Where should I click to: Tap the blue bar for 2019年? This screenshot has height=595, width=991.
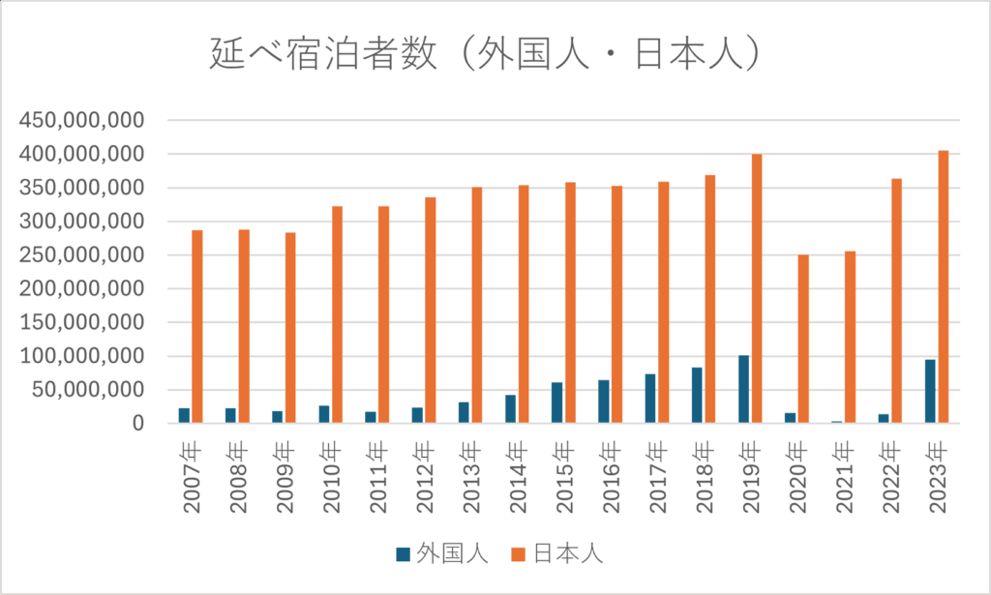click(x=743, y=389)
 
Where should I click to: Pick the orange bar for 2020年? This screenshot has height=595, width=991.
click(x=803, y=339)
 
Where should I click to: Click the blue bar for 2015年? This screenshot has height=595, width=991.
click(x=556, y=402)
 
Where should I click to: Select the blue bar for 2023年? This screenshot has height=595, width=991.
click(x=930, y=391)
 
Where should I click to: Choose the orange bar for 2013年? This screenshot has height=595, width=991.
click(x=476, y=305)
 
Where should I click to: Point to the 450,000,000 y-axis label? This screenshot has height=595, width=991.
click(x=82, y=120)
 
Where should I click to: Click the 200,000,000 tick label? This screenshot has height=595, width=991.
click(x=82, y=289)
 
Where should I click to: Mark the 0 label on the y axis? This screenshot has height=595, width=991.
click(x=138, y=424)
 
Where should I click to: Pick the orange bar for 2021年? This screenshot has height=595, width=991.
click(x=850, y=337)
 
